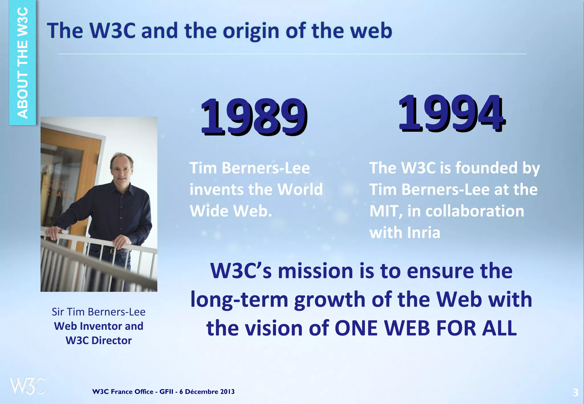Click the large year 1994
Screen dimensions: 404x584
pos(451,113)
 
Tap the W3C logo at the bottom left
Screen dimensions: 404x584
pos(27,386)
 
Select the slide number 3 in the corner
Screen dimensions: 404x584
pos(575,393)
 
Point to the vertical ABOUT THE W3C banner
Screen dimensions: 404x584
pos(23,63)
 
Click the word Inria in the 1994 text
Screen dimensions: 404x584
pos(424,233)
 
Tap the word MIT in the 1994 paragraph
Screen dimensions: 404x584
pos(385,211)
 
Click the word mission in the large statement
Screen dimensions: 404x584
pos(315,271)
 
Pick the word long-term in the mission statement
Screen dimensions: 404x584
pos(239,300)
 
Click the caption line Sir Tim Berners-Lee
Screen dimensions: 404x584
pos(98,312)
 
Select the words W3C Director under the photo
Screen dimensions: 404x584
pos(98,340)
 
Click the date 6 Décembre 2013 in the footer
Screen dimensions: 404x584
pos(207,392)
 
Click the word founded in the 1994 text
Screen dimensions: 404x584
pos(486,168)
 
